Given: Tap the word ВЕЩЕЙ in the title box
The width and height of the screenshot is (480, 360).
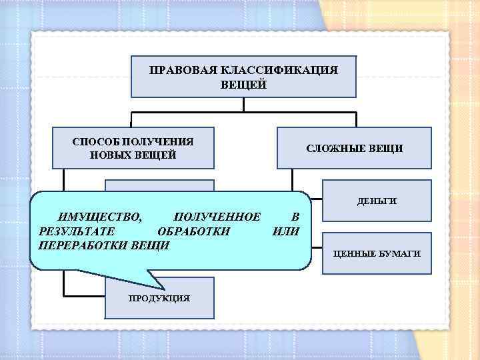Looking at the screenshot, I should [244, 85].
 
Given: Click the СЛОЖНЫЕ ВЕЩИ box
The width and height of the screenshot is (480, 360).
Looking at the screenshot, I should [354, 148].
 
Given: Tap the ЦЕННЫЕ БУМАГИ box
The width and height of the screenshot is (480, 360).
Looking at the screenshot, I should [376, 254].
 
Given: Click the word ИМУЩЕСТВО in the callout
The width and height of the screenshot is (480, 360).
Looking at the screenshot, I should [99, 217].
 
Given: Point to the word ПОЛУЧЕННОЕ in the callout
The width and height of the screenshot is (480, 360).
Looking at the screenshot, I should [216, 217].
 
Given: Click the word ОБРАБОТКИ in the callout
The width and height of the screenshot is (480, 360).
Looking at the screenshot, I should [193, 231].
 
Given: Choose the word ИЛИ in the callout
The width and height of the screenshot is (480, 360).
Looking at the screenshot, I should [287, 231].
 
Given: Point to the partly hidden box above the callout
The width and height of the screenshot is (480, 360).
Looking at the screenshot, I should [159, 186].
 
